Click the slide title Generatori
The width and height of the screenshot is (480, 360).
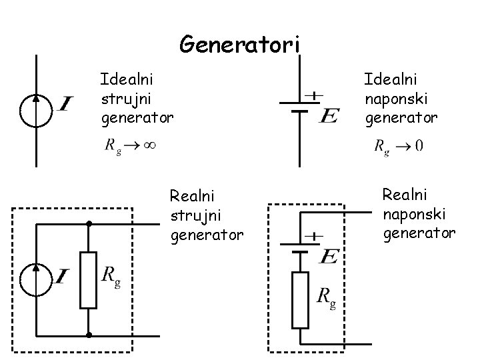(x=240, y=45)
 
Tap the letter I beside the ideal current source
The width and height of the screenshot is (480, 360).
(x=65, y=104)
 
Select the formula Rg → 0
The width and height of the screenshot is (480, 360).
(x=399, y=145)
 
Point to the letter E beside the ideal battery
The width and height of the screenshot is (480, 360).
(x=328, y=116)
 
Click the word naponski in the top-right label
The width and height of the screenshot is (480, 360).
(x=396, y=99)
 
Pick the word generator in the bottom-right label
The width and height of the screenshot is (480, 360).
(x=419, y=233)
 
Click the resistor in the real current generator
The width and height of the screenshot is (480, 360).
(x=88, y=279)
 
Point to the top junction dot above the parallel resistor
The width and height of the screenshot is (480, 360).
(x=88, y=224)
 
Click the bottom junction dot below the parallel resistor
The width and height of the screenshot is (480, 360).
(x=88, y=334)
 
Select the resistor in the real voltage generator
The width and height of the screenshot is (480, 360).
(x=300, y=299)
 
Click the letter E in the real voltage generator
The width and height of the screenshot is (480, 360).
(x=328, y=256)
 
